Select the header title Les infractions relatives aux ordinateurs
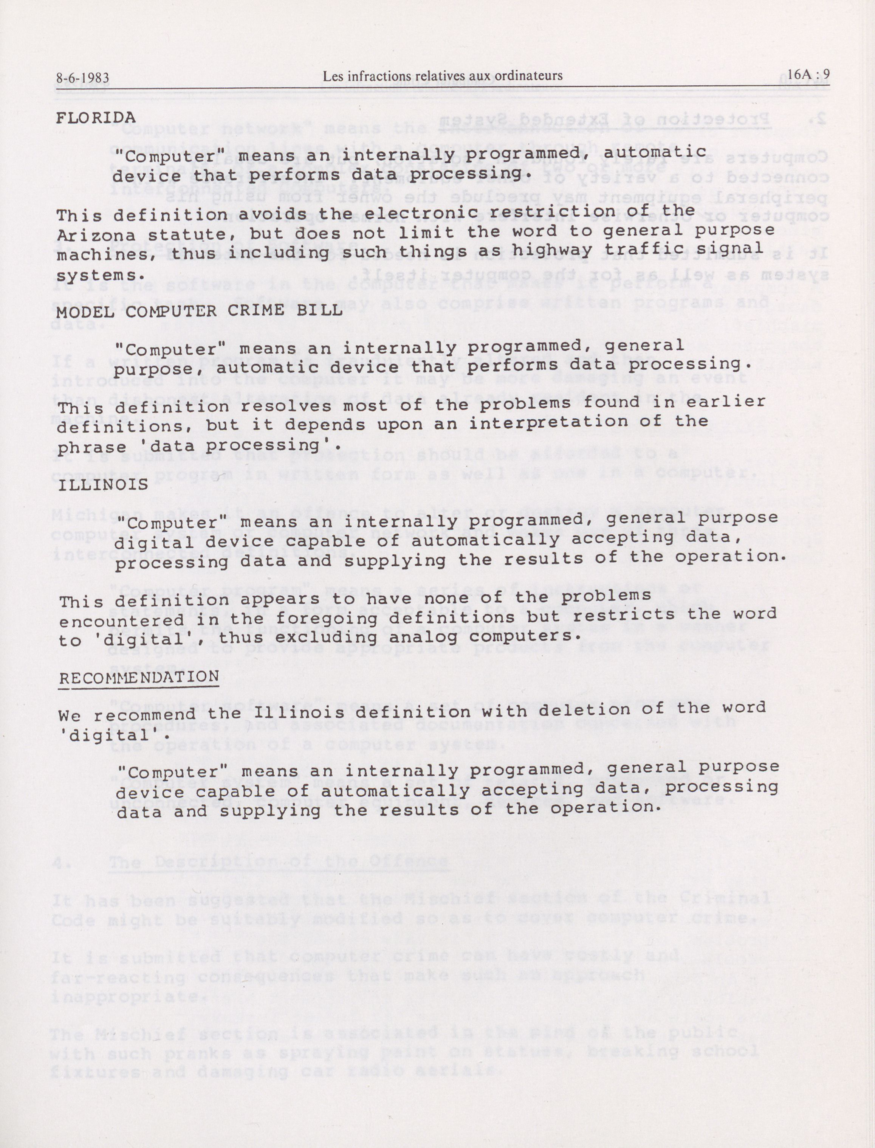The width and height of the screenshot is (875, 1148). [x=442, y=76]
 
